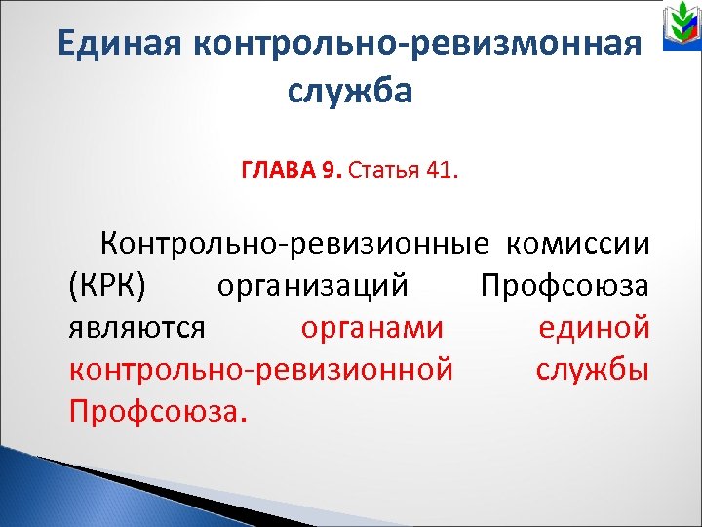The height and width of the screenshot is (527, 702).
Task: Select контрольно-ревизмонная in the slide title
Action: [x=420, y=45]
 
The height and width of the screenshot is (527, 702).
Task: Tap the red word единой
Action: [x=594, y=327]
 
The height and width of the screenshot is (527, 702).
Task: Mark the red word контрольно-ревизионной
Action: [x=261, y=370]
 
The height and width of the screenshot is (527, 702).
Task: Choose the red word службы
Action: [x=592, y=370]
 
